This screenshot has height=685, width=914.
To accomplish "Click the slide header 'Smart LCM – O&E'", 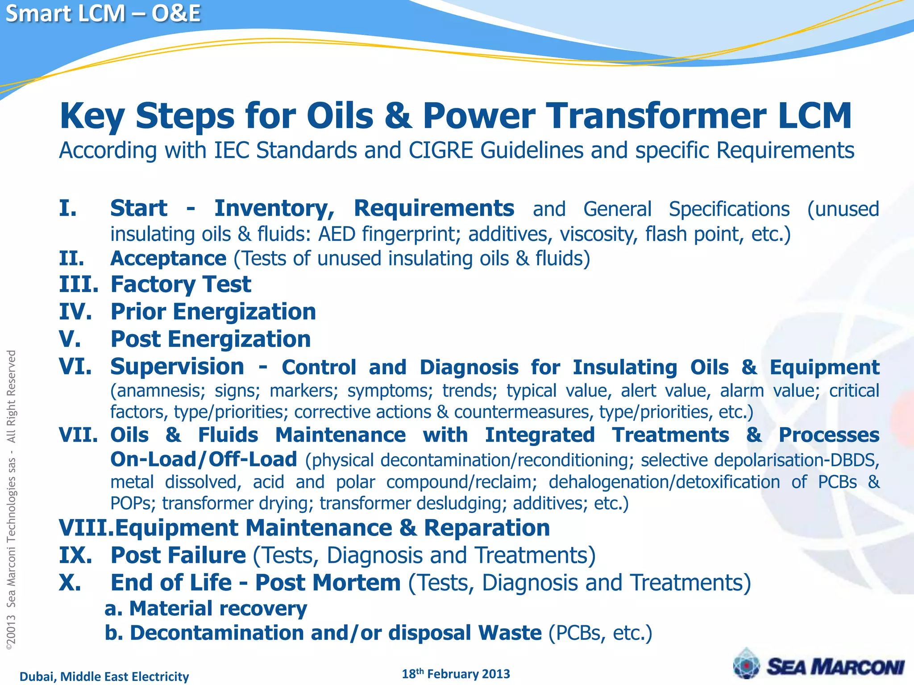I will (x=103, y=13).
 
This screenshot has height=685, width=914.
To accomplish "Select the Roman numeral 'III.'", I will (x=79, y=285).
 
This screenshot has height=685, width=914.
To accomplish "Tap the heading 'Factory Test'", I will (x=181, y=285).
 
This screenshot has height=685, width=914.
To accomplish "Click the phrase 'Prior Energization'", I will (x=213, y=312).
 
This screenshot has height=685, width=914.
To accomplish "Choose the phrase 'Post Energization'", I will (x=210, y=339).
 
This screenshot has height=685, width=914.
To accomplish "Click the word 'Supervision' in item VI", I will (x=177, y=367).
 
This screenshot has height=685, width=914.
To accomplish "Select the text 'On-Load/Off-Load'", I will (x=204, y=459).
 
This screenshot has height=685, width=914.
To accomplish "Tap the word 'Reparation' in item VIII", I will (x=486, y=528).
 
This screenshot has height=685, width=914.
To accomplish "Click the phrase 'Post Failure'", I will (x=178, y=556).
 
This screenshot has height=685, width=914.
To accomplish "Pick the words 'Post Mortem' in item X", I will (x=328, y=583).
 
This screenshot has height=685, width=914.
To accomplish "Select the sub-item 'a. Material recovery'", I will (x=206, y=609).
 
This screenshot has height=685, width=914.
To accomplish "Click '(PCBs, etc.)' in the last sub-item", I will (x=600, y=633).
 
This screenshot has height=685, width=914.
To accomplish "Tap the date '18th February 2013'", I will (x=456, y=674).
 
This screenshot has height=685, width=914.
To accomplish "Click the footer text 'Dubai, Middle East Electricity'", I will (x=104, y=677).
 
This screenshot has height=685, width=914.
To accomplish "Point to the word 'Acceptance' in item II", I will (x=168, y=259).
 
